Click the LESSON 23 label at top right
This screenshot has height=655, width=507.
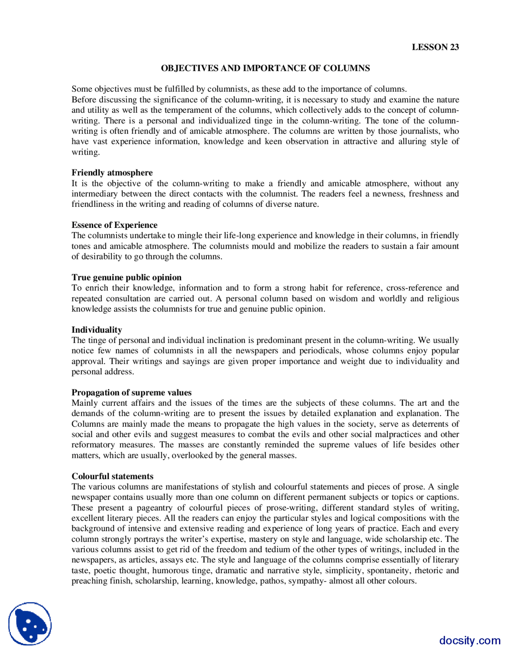click(435, 47)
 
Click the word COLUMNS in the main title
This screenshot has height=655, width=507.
click(347, 68)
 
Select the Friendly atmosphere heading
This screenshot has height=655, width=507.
click(112, 173)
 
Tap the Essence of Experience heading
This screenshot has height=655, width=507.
click(114, 225)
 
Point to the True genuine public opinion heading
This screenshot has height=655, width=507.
click(126, 277)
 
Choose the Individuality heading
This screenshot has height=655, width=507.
click(97, 330)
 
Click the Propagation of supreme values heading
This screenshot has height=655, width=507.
click(132, 392)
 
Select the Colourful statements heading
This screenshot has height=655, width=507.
click(112, 476)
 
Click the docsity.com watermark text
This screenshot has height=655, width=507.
click(469, 640)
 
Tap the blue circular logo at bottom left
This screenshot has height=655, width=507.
click(30, 624)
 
